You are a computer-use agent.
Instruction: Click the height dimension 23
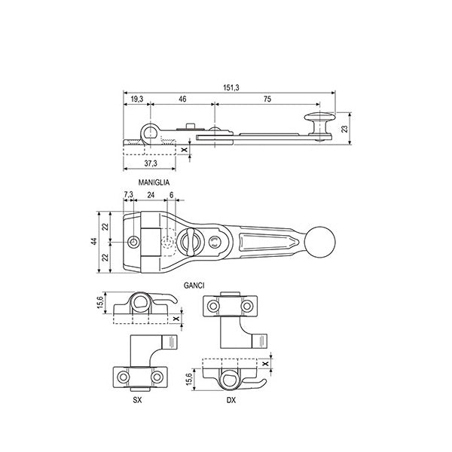coord(345,129)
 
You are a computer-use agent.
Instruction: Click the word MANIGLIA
coord(154,183)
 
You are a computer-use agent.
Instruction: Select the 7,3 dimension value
coord(127,194)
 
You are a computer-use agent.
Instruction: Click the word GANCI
coord(194,285)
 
